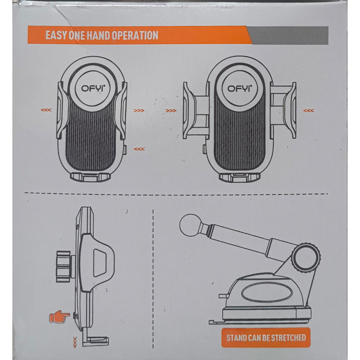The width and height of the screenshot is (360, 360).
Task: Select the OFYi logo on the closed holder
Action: pos(93,88)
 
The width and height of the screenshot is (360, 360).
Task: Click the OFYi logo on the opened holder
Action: pos(239,88)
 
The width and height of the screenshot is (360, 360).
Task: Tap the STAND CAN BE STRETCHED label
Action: pos(266,337)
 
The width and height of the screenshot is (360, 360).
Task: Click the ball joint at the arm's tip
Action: pos(191,224)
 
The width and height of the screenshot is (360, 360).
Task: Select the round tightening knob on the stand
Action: pos(306,258)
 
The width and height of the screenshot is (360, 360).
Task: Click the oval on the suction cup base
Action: pos(266,293)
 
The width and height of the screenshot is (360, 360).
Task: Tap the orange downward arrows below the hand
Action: pos(74,342)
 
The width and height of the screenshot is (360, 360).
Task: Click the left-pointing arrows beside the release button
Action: pos(139,149)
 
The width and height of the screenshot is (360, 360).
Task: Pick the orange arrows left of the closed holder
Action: pos(46,110)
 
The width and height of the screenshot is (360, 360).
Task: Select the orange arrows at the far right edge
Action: pos(308,111)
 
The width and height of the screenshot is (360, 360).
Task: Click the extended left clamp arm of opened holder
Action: pos(196,111)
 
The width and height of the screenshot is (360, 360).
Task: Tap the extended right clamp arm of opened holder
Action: pos(283,110)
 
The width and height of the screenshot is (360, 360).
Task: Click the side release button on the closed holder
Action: pos(125,149)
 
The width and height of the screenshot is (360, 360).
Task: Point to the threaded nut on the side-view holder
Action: pos(63,266)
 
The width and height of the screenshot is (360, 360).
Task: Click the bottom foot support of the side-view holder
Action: pos(96,340)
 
